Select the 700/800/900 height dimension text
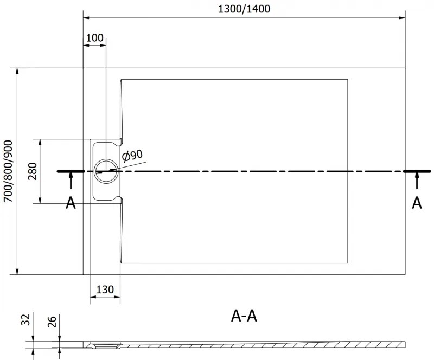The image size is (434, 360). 8,171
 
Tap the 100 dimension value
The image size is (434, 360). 94,37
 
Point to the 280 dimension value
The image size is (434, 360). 33,171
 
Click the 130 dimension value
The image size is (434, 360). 105,290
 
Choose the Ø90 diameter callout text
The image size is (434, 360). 132,156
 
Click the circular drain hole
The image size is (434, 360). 105,171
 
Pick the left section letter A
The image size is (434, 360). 71,203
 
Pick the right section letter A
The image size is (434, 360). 417,203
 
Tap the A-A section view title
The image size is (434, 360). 244,316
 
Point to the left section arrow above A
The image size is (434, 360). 71,182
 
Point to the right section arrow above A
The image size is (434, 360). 417,182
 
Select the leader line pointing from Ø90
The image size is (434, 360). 130,166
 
